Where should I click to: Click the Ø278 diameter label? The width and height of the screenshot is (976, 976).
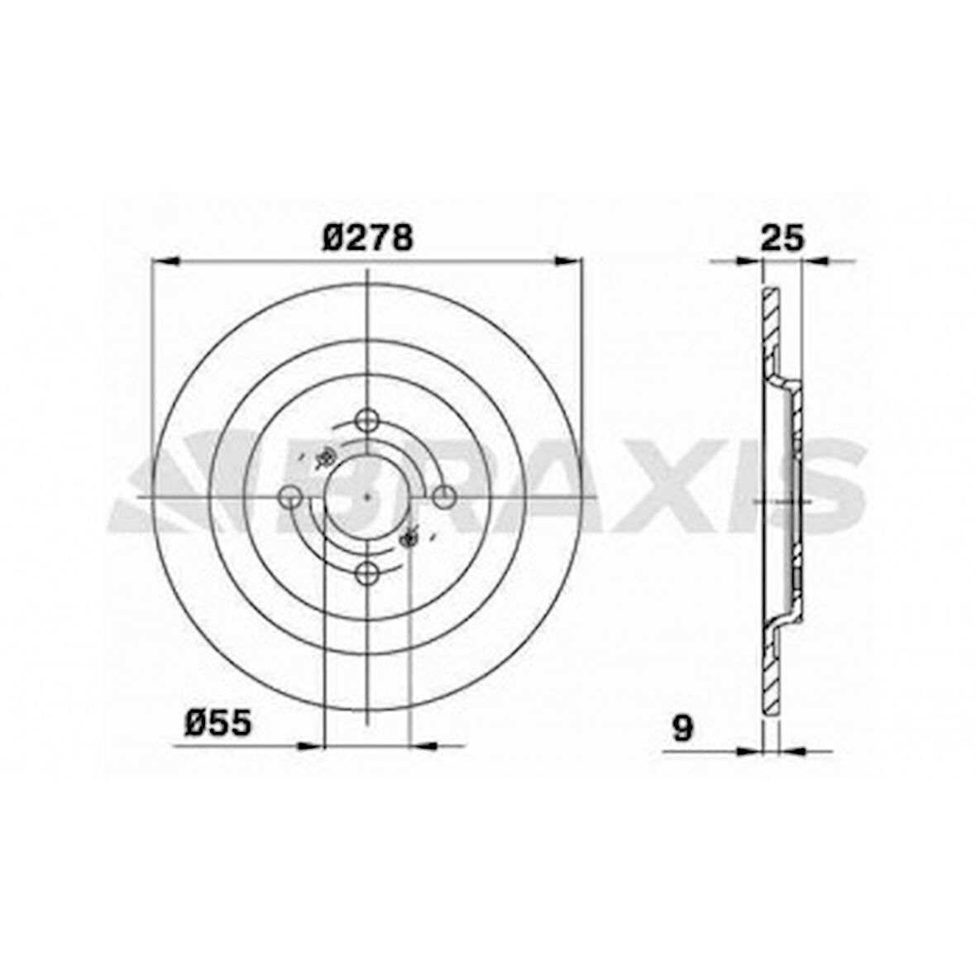[366, 238]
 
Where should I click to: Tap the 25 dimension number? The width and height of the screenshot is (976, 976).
[781, 238]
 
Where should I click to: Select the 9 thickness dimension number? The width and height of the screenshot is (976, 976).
[682, 729]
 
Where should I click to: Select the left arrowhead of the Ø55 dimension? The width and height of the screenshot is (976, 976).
[309, 746]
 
